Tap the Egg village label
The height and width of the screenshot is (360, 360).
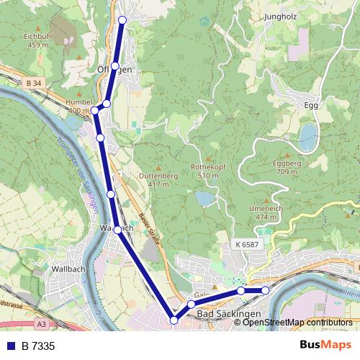(x=311, y=105)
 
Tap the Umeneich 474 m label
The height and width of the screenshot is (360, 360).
(x=261, y=212)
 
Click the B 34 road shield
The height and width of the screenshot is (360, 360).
(x=34, y=84)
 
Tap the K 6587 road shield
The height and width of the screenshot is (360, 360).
(x=246, y=245)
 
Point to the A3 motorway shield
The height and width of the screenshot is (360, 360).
(x=42, y=324)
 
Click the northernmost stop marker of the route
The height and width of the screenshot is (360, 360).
(x=122, y=20)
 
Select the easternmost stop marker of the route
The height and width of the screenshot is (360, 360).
(x=265, y=290)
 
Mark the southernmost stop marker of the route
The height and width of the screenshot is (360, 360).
(x=174, y=320)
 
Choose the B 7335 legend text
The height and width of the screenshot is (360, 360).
(x=38, y=346)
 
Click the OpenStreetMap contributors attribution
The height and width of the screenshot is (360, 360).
(x=297, y=323)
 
